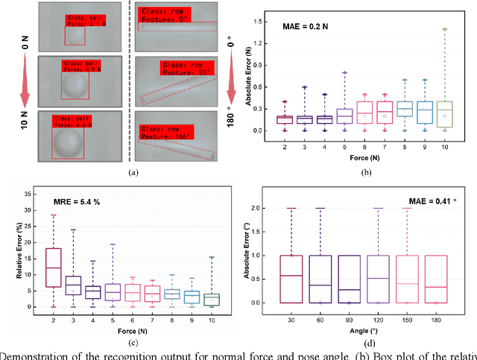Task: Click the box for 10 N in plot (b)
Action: (x=444, y=115)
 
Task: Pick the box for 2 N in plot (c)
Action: (x=53, y=267)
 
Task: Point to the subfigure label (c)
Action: (x=133, y=342)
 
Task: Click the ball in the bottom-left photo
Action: (x=66, y=142)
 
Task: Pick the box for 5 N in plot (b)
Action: (x=344, y=115)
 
